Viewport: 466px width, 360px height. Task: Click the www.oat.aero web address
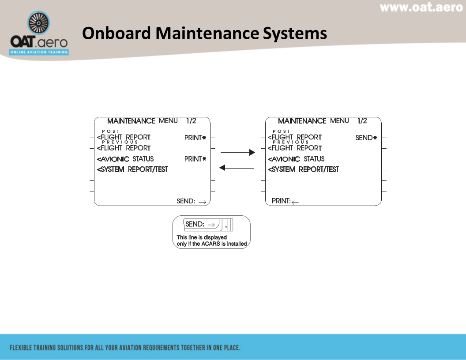pos(421,7)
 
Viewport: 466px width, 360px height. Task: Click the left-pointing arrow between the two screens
pos(237,168)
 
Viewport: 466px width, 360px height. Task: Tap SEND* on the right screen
pos(366,138)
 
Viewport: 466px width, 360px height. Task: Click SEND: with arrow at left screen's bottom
pos(192,201)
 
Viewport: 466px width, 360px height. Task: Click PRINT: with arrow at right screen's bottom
pos(285,201)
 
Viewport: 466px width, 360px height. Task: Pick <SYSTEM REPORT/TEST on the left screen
pos(132,169)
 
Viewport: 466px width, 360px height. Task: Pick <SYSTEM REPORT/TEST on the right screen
pos(304,169)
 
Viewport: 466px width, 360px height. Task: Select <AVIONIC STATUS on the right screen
pos(297,159)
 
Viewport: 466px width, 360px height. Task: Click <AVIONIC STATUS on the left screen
pos(126,159)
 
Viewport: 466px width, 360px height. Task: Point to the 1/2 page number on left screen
pos(191,121)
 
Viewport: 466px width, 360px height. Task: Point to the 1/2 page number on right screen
pos(362,121)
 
